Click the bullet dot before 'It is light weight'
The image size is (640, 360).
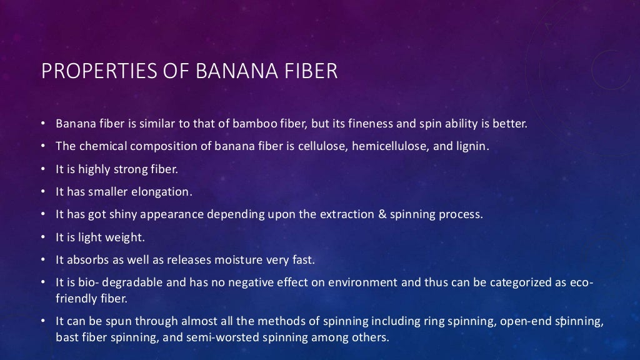44,237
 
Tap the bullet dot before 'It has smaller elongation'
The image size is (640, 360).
44,192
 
